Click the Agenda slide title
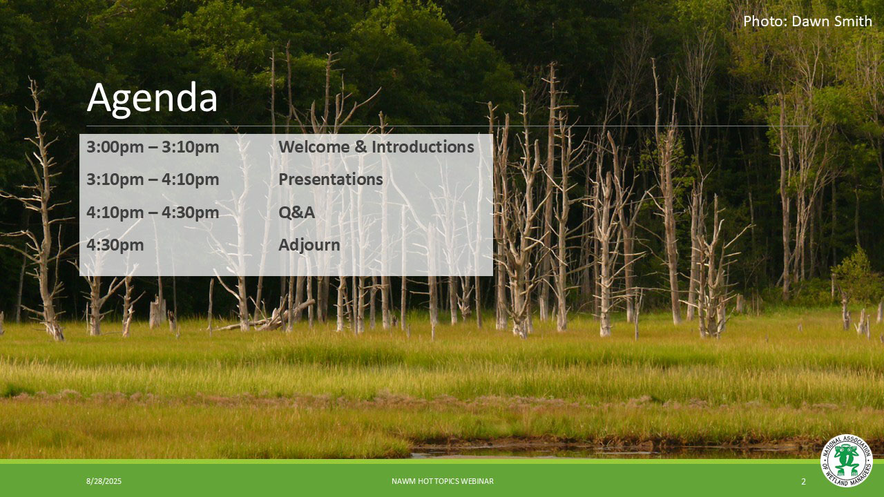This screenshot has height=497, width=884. click(x=152, y=99)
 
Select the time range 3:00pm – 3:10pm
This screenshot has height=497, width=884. click(x=153, y=147)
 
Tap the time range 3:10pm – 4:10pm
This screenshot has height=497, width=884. click(x=153, y=180)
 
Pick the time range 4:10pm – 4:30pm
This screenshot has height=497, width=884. click(x=153, y=213)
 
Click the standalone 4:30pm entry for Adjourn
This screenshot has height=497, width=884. click(x=115, y=245)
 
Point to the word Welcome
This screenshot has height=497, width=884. click(x=314, y=147)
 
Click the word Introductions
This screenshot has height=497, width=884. click(x=423, y=147)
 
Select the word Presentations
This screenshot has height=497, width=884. click(x=331, y=179)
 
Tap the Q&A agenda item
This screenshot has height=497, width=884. click(x=297, y=213)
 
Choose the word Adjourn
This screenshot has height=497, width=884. click(x=309, y=245)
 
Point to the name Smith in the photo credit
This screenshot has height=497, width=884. click(x=852, y=21)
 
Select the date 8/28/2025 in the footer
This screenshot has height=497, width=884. click(x=104, y=481)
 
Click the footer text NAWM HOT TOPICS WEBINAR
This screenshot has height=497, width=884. click(x=443, y=481)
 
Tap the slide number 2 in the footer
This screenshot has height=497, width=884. click(x=803, y=481)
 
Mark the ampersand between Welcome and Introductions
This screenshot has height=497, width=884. click(x=361, y=147)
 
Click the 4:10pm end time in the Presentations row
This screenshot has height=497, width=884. click(x=190, y=180)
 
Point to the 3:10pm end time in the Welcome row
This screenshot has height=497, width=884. click(x=190, y=147)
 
